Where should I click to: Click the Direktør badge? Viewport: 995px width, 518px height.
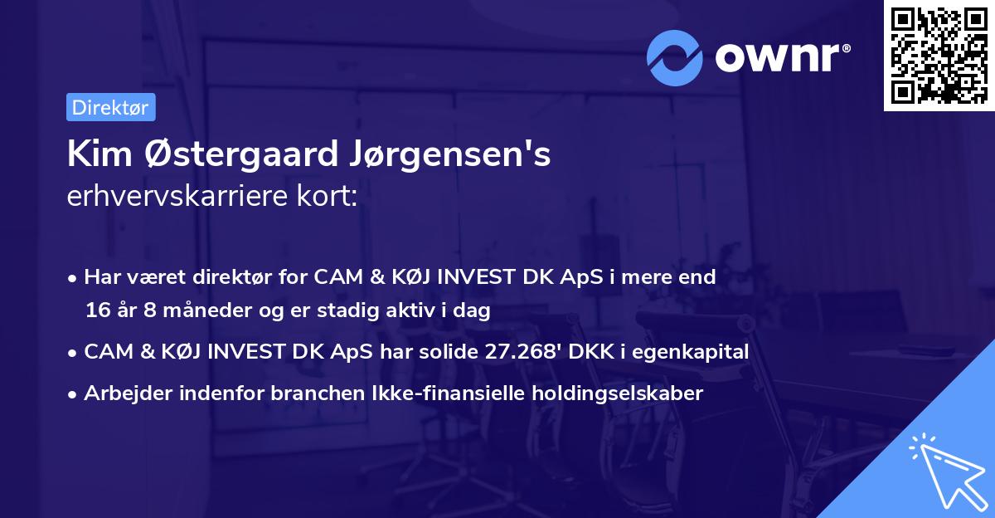click(110, 107)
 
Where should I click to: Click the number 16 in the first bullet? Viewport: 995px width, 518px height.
click(96, 311)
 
